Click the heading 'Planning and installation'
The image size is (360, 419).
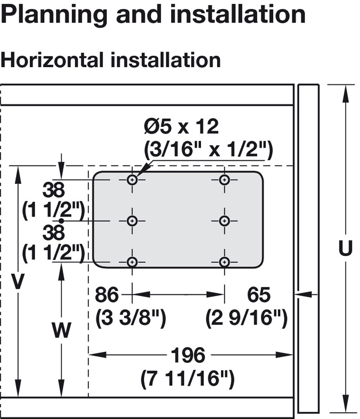coord(153,14)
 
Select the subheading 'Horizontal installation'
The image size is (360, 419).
coord(110,60)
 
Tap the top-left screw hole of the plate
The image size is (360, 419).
coord(133,180)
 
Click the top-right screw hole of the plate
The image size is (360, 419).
coord(224,180)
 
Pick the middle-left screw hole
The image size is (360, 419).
coord(133,220)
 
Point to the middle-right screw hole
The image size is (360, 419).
coord(224,220)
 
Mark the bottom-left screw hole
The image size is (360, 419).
coord(133,262)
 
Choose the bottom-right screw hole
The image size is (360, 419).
coord(224,262)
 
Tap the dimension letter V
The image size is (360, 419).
coord(20,281)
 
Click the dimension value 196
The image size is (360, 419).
coord(188,355)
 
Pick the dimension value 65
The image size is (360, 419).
coord(258,295)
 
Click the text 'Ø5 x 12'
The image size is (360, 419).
coord(181,126)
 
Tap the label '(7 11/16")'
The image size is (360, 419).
coord(188,379)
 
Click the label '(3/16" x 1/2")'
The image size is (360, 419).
coord(207,150)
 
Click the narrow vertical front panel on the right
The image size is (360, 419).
coord(308,248)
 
